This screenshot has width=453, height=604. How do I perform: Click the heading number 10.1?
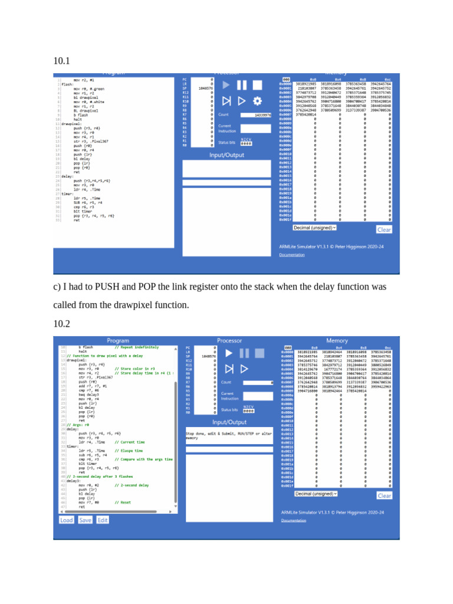61,60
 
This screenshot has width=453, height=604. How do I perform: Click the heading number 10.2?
61,324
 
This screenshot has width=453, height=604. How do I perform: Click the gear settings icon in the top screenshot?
257,100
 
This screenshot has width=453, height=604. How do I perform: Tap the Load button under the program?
67,520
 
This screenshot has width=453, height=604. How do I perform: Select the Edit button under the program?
103,520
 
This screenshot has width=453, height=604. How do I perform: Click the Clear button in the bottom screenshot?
384,495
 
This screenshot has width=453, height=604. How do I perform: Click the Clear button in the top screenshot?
384,230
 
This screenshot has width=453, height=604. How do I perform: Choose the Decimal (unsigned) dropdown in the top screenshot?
315,227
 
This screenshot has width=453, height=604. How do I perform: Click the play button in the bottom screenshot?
227,353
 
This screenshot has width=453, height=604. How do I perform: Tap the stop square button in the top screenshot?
257,85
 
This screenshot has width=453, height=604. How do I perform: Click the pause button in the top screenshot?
242,85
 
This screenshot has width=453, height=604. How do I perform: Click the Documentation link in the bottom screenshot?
293,520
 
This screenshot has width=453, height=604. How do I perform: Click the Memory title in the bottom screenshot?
337,340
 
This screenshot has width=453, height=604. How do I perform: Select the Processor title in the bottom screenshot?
229,340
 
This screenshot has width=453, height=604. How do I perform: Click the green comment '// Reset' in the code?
123,502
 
